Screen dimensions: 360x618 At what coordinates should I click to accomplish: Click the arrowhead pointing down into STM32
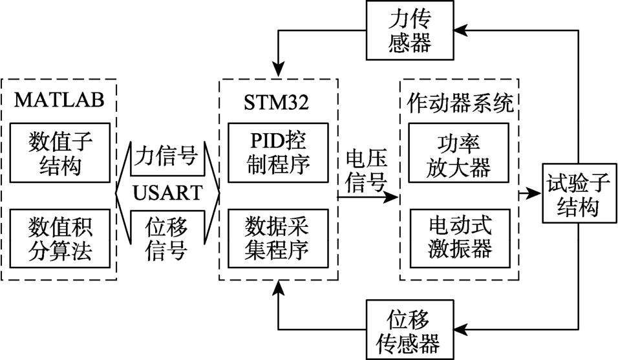[279, 70]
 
